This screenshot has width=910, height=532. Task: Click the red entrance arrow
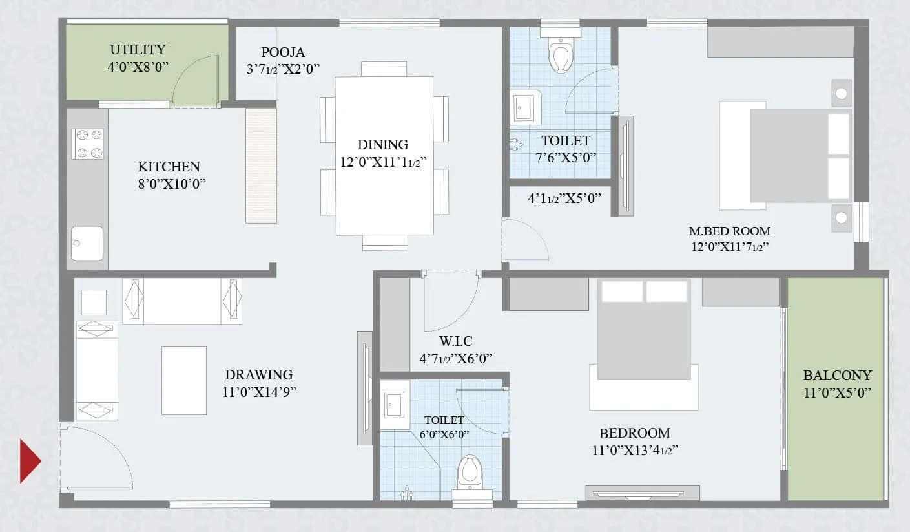point(29,461)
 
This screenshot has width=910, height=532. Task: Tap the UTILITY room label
point(138,50)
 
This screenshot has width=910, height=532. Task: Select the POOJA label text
point(283,52)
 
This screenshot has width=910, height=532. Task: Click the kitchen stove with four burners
point(88,144)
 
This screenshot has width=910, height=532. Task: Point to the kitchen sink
point(87,243)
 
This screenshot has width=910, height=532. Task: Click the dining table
point(384,155)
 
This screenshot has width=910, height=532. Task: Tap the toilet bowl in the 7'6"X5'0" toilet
point(560,55)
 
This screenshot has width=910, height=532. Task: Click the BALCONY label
point(837,375)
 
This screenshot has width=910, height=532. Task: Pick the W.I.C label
point(456,341)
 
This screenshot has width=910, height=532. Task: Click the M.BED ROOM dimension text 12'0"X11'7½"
point(729,246)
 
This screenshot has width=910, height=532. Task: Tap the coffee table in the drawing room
point(184,380)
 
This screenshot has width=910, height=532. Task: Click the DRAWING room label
point(258,374)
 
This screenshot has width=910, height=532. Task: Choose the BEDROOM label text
point(634,433)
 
